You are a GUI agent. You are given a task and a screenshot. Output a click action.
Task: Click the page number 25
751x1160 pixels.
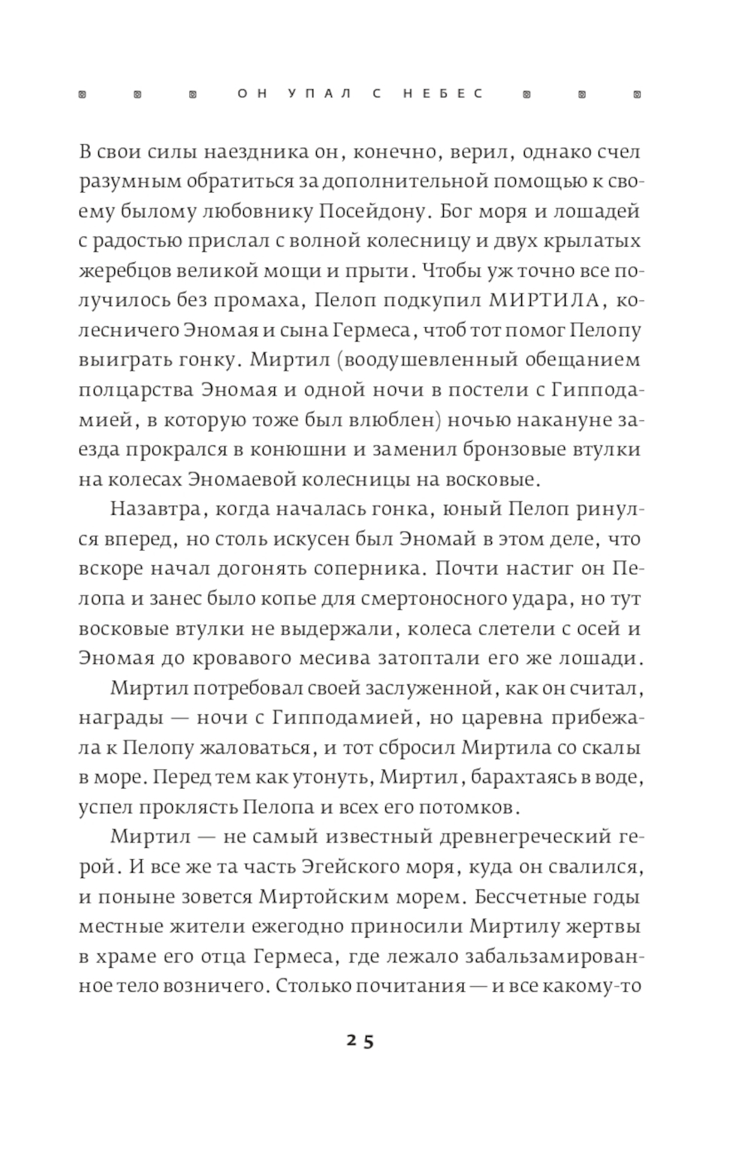pos(360,1041)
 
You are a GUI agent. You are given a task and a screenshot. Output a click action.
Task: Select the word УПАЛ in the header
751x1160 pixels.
pos(317,95)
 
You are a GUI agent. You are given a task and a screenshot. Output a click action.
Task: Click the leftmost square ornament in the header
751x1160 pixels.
pos(83,95)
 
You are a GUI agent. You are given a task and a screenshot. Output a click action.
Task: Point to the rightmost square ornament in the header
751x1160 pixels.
pos(637,95)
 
